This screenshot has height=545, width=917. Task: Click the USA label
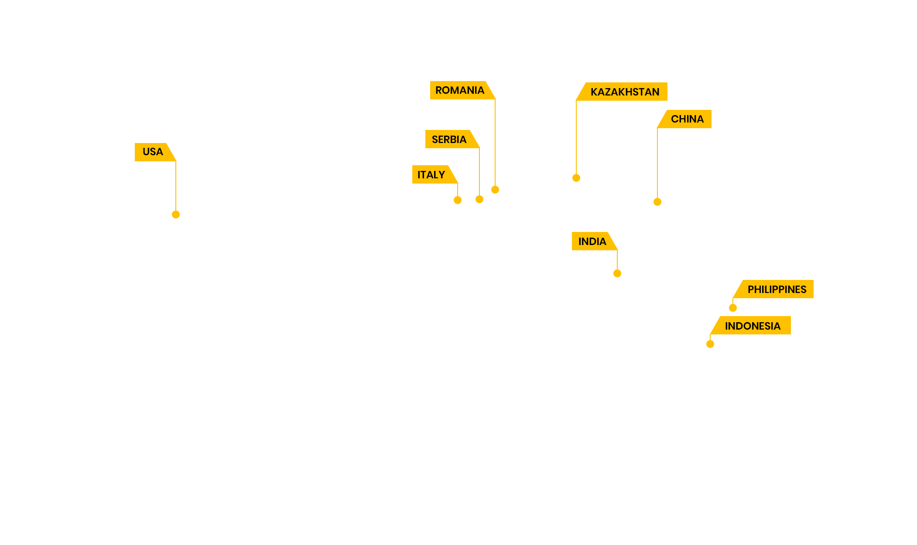pos(153,152)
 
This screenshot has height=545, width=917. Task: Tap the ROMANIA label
pos(460,90)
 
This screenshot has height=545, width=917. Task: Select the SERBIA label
pos(449,140)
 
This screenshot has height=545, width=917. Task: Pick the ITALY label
pos(431,175)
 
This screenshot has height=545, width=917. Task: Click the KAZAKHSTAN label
pos(625,92)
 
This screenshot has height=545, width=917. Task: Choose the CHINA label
pos(687,119)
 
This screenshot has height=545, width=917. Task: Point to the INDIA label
pos(592,242)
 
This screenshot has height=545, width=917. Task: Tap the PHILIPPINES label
pos(777,290)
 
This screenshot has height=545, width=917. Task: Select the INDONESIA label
pos(753,326)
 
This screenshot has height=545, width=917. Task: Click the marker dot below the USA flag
pos(176,215)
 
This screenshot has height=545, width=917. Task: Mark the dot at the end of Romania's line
pos(495,190)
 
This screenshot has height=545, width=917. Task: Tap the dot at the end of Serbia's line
pos(479,199)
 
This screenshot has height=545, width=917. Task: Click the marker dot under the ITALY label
pos(458,200)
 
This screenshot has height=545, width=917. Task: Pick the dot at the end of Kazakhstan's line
pos(576,178)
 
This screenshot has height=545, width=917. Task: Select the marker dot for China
pos(657,202)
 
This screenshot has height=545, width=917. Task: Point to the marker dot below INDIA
pos(617,273)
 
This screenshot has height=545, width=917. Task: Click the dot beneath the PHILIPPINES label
pos(733,308)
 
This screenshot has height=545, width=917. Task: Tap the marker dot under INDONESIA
pos(710,344)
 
